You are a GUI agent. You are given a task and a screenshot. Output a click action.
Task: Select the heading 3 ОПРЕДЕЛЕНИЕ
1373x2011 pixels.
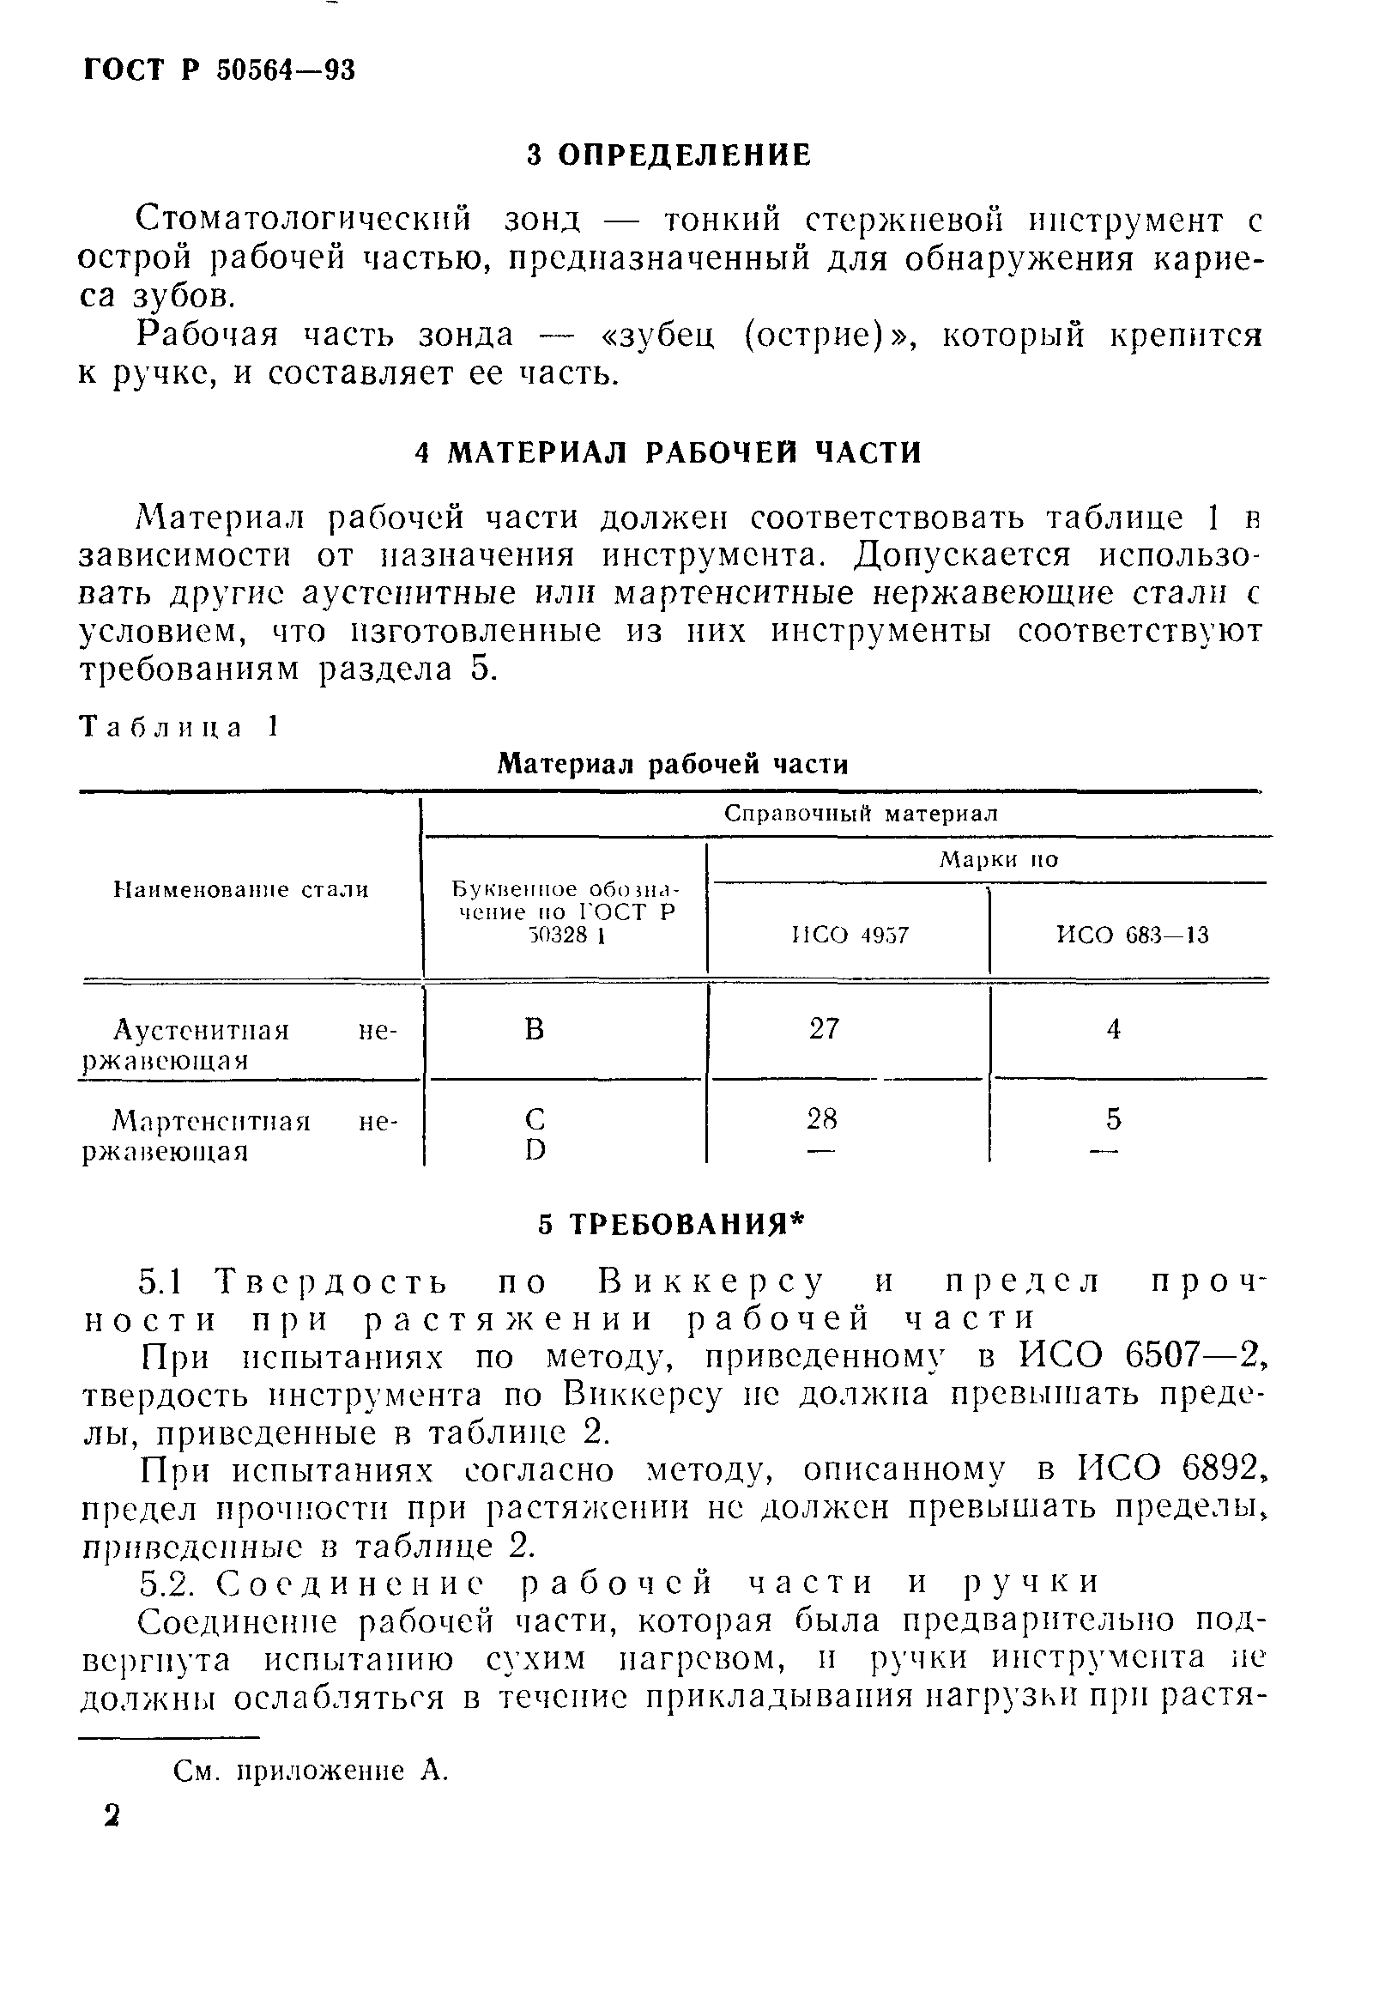[668, 154]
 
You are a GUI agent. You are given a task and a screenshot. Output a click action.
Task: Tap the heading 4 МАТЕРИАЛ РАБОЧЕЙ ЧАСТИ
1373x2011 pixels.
[668, 452]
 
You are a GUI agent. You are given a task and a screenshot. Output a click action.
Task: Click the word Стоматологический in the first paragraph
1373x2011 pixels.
[304, 221]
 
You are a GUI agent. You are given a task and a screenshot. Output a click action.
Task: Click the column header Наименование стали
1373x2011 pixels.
[241, 889]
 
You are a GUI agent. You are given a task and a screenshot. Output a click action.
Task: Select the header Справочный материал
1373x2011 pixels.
[860, 814]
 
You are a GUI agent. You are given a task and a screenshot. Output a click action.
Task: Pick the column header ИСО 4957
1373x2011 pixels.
[850, 935]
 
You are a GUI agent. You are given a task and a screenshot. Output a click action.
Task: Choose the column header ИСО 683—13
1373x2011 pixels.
[1133, 935]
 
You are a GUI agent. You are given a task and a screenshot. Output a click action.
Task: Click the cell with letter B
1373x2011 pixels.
[535, 1029]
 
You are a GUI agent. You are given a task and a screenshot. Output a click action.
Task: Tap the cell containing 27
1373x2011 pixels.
[824, 1028]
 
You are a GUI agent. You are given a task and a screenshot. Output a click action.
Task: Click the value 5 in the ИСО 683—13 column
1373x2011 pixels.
[1114, 1119]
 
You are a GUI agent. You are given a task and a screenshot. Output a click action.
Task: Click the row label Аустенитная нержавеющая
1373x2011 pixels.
[239, 1045]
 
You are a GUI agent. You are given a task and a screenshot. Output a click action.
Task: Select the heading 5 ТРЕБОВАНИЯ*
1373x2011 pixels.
[671, 1225]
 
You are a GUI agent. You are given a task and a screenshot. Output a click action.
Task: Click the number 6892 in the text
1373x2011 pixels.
[1220, 1468]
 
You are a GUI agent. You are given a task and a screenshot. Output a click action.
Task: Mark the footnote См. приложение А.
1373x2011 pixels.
[311, 1771]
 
